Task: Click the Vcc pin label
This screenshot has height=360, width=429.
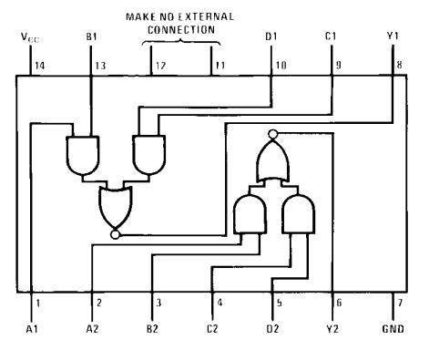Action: click(x=30, y=37)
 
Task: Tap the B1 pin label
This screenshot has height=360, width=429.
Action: click(x=91, y=37)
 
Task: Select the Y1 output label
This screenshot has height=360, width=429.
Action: click(x=393, y=36)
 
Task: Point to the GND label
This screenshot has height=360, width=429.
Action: click(x=393, y=329)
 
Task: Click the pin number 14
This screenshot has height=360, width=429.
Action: click(x=40, y=66)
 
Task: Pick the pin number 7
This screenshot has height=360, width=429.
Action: click(x=400, y=303)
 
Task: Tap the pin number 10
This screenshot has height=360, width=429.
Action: click(x=281, y=66)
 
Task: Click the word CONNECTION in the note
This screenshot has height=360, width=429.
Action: click(x=181, y=30)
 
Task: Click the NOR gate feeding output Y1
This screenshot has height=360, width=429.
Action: click(x=116, y=207)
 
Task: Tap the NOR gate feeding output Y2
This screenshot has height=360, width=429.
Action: click(x=273, y=160)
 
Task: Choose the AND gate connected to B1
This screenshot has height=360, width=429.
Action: click(x=83, y=155)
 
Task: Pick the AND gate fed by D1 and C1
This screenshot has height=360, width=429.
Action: click(x=149, y=155)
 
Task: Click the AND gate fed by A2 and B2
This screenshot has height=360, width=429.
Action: click(x=250, y=214)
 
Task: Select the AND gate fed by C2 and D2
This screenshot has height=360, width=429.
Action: click(x=299, y=214)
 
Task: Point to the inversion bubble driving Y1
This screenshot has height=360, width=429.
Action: click(x=116, y=234)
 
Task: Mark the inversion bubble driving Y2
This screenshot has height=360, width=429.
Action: click(x=273, y=134)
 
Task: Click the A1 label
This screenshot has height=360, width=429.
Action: click(x=32, y=329)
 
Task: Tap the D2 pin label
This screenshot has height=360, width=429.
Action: click(x=272, y=329)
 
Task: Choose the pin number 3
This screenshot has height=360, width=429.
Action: click(x=158, y=303)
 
